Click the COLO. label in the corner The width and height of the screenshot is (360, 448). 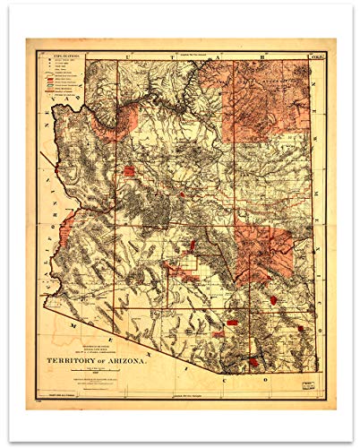tap(315, 57)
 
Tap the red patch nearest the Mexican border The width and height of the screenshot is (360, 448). tap(253, 362)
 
